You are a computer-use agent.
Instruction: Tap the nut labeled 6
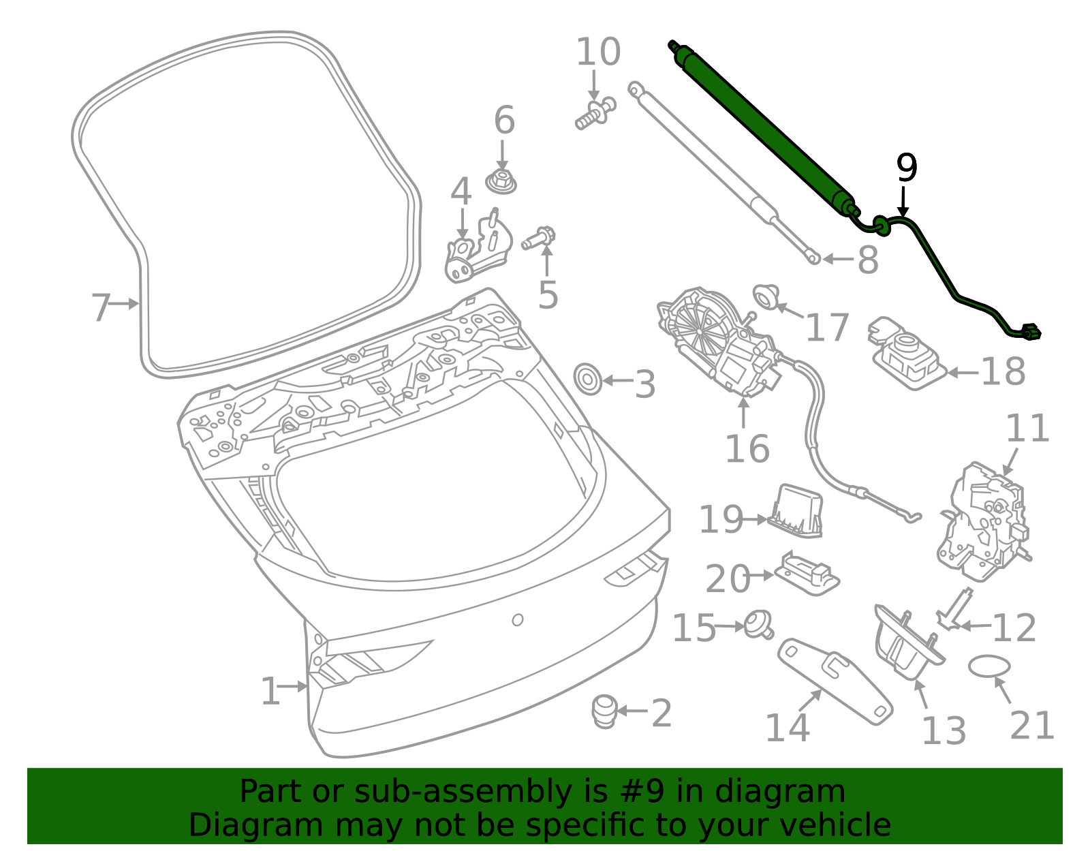(x=501, y=182)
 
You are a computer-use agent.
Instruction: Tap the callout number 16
(x=747, y=449)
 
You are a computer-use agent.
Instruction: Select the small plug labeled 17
(x=766, y=296)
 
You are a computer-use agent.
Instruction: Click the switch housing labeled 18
(x=906, y=354)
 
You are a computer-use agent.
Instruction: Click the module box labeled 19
(x=796, y=511)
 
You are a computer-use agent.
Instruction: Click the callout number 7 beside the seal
(x=100, y=307)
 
